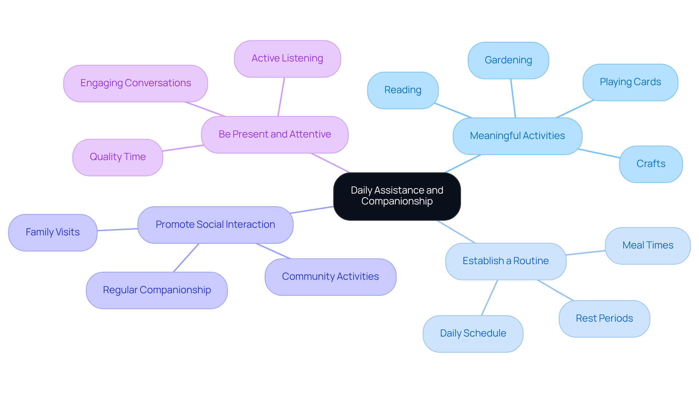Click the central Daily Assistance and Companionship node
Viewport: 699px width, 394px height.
click(x=397, y=196)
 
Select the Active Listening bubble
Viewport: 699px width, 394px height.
click(x=287, y=59)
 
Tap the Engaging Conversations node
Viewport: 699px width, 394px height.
click(x=135, y=83)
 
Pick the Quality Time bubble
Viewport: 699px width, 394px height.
click(x=118, y=157)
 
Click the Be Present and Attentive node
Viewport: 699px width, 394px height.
click(x=275, y=135)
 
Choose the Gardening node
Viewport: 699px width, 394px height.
click(x=508, y=60)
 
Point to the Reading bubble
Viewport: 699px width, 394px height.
click(x=403, y=90)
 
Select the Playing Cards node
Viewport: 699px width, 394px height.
click(x=630, y=82)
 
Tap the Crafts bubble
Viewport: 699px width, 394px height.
click(x=651, y=164)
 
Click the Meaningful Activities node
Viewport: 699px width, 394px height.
click(x=517, y=136)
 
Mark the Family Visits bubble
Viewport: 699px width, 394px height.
click(x=53, y=232)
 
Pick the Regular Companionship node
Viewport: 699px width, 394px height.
click(x=157, y=290)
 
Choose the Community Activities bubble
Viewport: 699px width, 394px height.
click(x=330, y=277)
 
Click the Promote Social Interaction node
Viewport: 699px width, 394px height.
click(x=215, y=225)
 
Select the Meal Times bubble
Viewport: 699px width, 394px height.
click(x=648, y=246)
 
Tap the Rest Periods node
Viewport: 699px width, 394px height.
click(x=604, y=319)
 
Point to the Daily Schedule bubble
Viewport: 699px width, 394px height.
click(x=473, y=334)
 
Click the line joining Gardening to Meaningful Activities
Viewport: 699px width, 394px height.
click(x=513, y=98)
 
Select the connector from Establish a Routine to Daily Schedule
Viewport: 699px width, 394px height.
click(x=489, y=298)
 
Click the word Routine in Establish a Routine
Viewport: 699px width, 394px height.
click(x=531, y=261)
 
